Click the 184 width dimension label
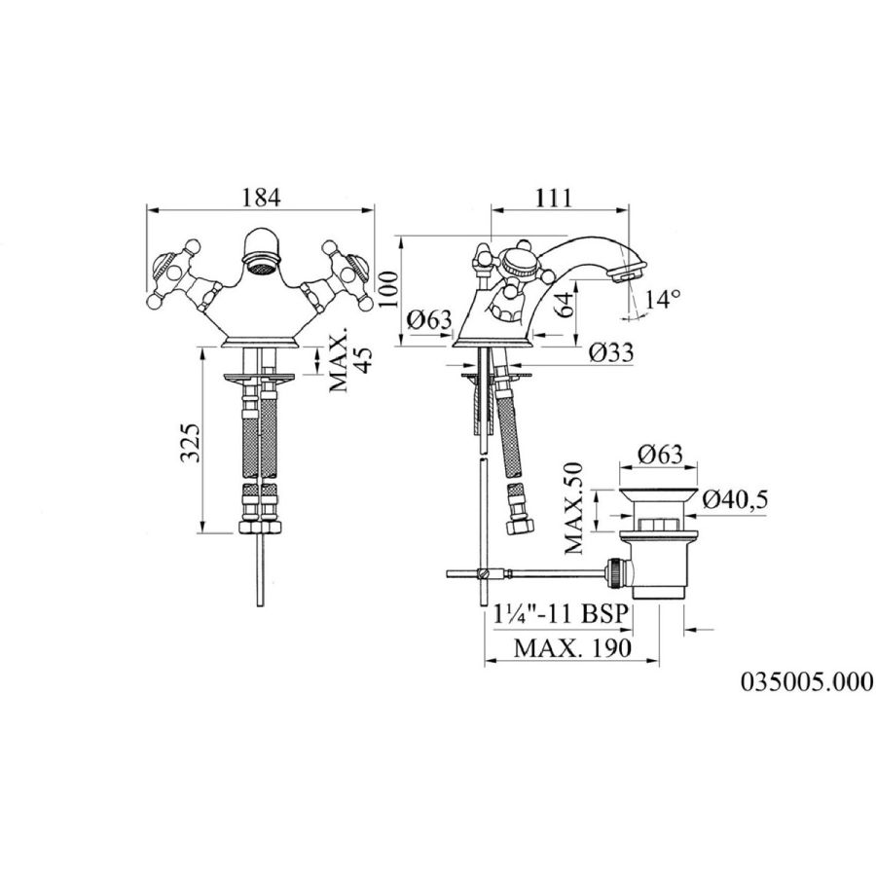coord(261,198)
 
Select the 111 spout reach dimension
coord(554,198)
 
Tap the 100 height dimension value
coord(389,289)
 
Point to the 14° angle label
coord(663,299)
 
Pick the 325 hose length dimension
coord(190,443)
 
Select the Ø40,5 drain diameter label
coord(735,499)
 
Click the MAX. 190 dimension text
coord(572,648)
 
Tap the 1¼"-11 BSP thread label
coord(561,614)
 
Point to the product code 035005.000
coord(807,681)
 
